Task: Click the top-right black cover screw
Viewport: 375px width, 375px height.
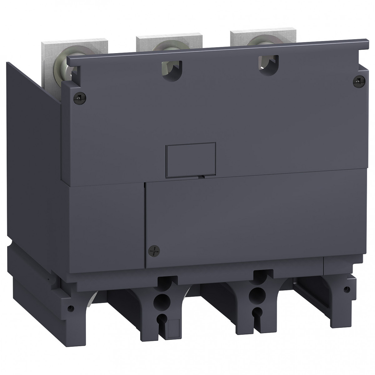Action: (x=357, y=82)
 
